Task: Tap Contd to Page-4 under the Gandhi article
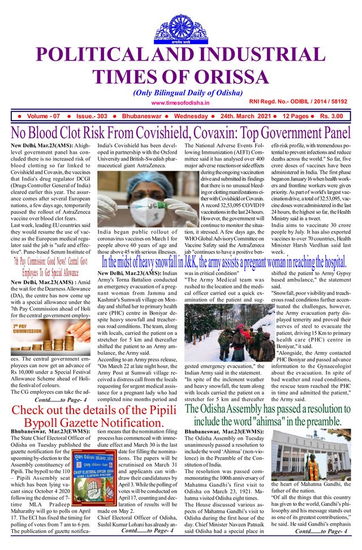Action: click(321, 531)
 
